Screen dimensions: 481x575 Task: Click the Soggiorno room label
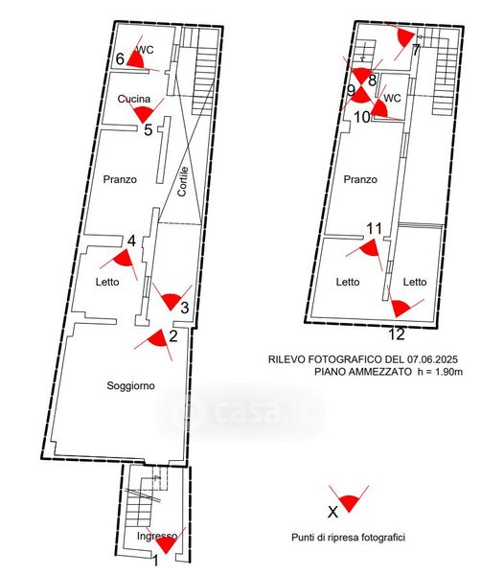pyautogui.click(x=130, y=386)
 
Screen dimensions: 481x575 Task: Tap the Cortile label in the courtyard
pyautogui.click(x=183, y=181)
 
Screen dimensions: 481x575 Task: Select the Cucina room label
pyautogui.click(x=134, y=99)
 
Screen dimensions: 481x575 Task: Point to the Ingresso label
pyautogui.click(x=157, y=536)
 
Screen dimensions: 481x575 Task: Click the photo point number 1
pyautogui.click(x=155, y=561)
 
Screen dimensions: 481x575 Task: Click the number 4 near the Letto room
pyautogui.click(x=131, y=241)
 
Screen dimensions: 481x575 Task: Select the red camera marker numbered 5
pyautogui.click(x=143, y=114)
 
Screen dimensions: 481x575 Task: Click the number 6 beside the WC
pyautogui.click(x=121, y=59)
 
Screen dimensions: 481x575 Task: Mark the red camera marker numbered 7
pyautogui.click(x=406, y=37)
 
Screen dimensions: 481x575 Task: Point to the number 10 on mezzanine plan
pyautogui.click(x=362, y=117)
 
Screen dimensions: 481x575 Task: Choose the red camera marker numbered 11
pyautogui.click(x=370, y=247)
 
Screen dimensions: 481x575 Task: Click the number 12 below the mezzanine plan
pyautogui.click(x=397, y=334)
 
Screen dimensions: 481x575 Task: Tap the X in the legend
pyautogui.click(x=332, y=512)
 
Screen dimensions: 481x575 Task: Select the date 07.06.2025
pyautogui.click(x=432, y=359)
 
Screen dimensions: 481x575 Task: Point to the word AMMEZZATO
pyautogui.click(x=379, y=372)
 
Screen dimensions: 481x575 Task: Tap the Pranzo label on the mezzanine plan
pyautogui.click(x=360, y=180)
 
